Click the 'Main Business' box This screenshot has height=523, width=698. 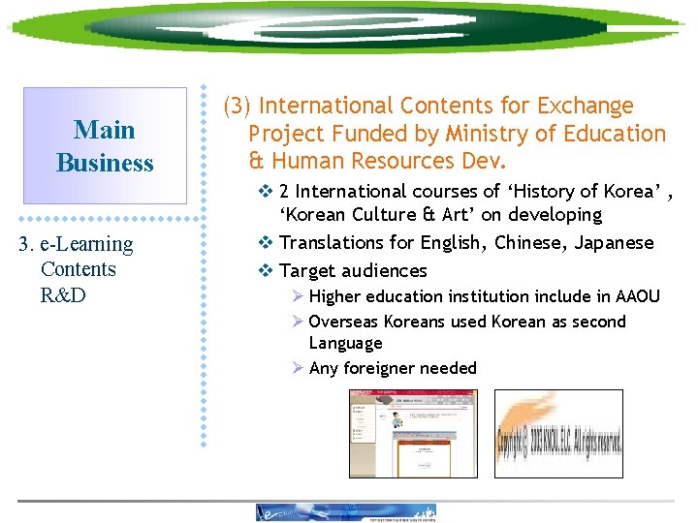[x=105, y=145]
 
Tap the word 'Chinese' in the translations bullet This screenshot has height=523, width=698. [x=530, y=243]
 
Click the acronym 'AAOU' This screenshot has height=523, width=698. [x=638, y=296]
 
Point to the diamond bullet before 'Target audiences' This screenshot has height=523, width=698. [x=267, y=271]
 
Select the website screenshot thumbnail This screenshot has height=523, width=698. [x=412, y=433]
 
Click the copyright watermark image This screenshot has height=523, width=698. [x=558, y=434]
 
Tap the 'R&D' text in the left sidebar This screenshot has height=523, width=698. [x=63, y=294]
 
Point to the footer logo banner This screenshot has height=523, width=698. [x=345, y=512]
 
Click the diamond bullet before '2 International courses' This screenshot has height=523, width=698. [x=267, y=192]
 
